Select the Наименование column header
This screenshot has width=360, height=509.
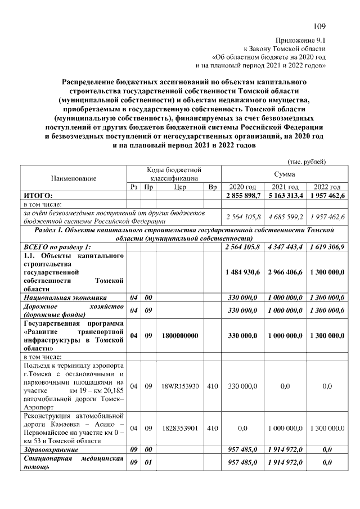[x=74, y=178]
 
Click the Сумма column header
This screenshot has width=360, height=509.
[x=285, y=174]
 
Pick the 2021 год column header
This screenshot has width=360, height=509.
[x=285, y=187]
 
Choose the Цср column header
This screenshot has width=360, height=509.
[x=181, y=187]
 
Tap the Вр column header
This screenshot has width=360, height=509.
[x=211, y=187]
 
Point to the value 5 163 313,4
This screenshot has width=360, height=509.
[x=285, y=195]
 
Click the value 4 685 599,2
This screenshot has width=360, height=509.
[x=285, y=217]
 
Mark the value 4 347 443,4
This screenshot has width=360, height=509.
[x=285, y=247]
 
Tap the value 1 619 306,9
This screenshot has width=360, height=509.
[x=326, y=247]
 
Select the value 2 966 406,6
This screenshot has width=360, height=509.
[x=285, y=272]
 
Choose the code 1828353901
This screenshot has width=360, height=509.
[x=181, y=428]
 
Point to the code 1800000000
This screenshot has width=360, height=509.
[x=181, y=336]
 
